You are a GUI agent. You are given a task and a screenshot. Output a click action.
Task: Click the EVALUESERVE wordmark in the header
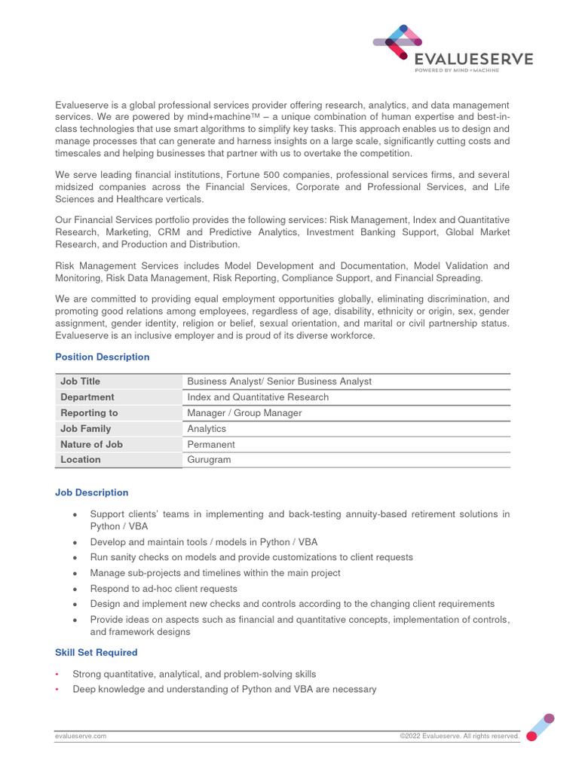pyautogui.click(x=473, y=58)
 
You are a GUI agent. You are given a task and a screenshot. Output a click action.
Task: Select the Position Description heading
pyautogui.click(x=103, y=357)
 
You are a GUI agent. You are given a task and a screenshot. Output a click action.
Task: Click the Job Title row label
pyautogui.click(x=80, y=381)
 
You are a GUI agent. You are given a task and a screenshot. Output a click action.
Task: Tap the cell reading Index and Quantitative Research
pyautogui.click(x=258, y=397)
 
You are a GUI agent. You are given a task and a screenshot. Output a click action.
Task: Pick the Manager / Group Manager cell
pyautogui.click(x=244, y=413)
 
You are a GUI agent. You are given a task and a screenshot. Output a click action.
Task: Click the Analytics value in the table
pyautogui.click(x=207, y=429)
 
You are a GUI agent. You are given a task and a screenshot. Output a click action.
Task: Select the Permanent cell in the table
pyautogui.click(x=211, y=445)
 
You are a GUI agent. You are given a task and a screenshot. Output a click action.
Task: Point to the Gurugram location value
pyautogui.click(x=209, y=460)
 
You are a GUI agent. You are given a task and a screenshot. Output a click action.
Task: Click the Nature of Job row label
pyautogui.click(x=91, y=445)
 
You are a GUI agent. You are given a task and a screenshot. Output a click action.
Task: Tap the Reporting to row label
pyautogui.click(x=89, y=413)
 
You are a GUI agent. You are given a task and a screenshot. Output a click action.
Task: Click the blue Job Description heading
pyautogui.click(x=92, y=492)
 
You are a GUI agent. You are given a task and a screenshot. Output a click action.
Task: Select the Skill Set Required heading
pyautogui.click(x=96, y=652)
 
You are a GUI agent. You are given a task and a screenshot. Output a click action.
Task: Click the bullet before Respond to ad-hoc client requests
pyautogui.click(x=75, y=590)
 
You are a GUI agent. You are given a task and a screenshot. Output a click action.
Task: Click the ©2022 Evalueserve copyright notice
pyautogui.click(x=459, y=736)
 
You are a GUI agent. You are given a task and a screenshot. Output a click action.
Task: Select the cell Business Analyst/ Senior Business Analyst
pyautogui.click(x=279, y=381)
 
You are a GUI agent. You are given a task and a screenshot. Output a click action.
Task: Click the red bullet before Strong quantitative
pyautogui.click(x=58, y=674)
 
